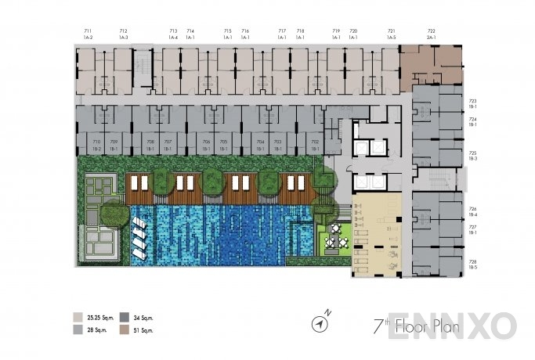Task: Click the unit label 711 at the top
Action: [88, 31]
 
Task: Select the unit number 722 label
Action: [431, 31]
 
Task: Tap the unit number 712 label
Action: [123, 31]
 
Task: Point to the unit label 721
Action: [391, 31]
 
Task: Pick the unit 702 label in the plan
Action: [314, 142]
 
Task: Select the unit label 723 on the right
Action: [473, 102]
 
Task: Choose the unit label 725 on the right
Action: [473, 154]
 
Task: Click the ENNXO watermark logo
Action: [474, 325]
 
